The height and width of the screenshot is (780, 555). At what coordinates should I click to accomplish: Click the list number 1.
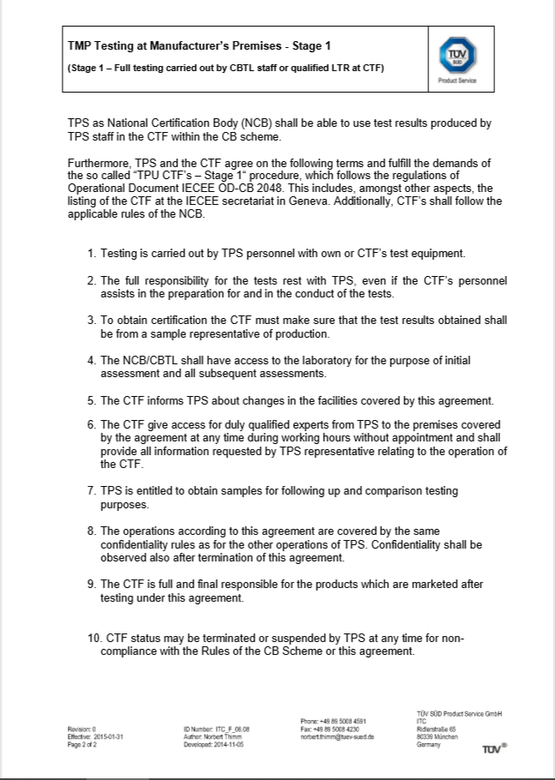(92, 253)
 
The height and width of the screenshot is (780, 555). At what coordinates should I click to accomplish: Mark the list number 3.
(92, 320)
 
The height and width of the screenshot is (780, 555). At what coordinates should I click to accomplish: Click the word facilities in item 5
(294, 399)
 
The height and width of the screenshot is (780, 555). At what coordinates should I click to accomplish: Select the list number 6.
(92, 425)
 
